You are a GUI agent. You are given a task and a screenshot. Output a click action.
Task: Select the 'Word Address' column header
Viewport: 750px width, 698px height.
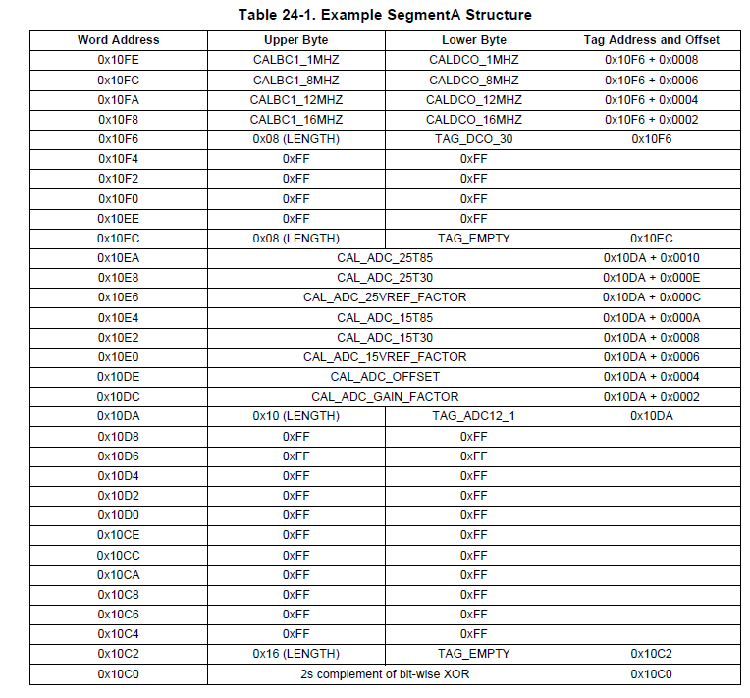point(118,40)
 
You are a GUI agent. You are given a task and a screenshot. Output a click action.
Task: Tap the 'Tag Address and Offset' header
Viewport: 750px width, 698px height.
point(652,40)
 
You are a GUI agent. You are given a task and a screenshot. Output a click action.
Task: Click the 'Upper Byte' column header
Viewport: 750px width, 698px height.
point(295,40)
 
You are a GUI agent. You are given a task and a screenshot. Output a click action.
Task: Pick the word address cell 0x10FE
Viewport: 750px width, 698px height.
point(118,60)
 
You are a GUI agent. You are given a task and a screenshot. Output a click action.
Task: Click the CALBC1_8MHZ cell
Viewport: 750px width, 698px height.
point(295,80)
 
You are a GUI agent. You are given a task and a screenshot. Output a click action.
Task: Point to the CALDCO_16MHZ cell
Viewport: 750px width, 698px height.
point(474,119)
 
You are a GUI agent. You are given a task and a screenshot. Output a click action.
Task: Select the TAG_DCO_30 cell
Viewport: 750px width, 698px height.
point(474,139)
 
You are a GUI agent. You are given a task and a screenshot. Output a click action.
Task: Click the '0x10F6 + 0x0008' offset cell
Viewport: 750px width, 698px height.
point(652,60)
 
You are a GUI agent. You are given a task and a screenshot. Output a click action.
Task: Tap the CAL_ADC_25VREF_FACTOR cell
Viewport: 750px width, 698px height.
point(385,297)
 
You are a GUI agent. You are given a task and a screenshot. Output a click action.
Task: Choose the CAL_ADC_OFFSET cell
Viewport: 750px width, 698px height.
point(385,377)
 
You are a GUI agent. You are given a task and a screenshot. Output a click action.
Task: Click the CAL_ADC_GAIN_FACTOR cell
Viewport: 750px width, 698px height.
point(385,397)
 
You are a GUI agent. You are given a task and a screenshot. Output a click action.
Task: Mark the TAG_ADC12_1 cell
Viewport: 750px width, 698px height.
point(474,416)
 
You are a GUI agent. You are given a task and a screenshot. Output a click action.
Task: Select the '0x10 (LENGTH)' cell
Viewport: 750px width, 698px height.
point(295,416)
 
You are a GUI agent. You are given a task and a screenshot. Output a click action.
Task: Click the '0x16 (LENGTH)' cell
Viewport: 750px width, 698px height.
point(295,654)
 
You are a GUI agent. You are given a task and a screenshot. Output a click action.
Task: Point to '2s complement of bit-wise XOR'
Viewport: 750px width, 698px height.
point(385,674)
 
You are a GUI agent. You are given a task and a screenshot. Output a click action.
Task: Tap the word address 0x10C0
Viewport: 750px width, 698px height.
point(118,674)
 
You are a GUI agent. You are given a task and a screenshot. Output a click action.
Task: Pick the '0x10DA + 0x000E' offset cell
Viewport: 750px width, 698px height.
point(652,278)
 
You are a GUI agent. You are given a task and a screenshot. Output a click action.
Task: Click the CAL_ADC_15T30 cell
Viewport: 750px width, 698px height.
point(385,337)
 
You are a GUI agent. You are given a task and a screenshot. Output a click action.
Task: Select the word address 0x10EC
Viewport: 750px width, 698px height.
point(118,238)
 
